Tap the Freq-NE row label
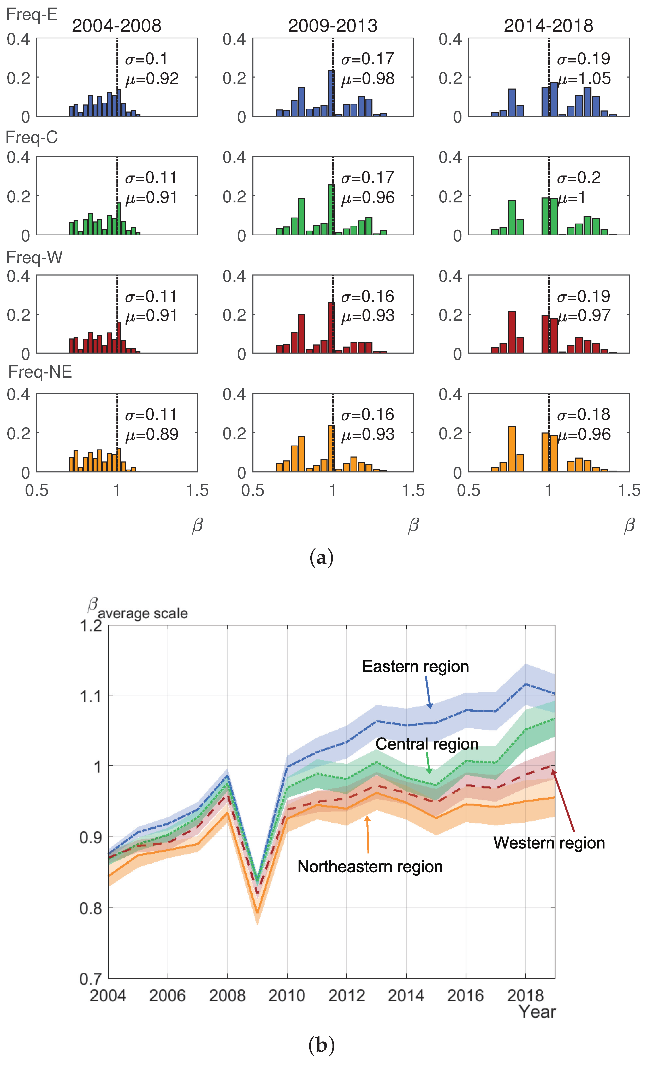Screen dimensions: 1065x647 pos(40,372)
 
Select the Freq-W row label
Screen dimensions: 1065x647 pos(34,257)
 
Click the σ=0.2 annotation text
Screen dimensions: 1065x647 pos(579,178)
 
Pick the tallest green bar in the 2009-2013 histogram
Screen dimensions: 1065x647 pos(331,210)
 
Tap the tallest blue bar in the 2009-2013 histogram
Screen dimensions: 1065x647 pos(331,93)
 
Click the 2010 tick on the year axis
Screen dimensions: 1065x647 pos(287,996)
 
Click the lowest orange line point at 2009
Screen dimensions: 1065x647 pos(257,912)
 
